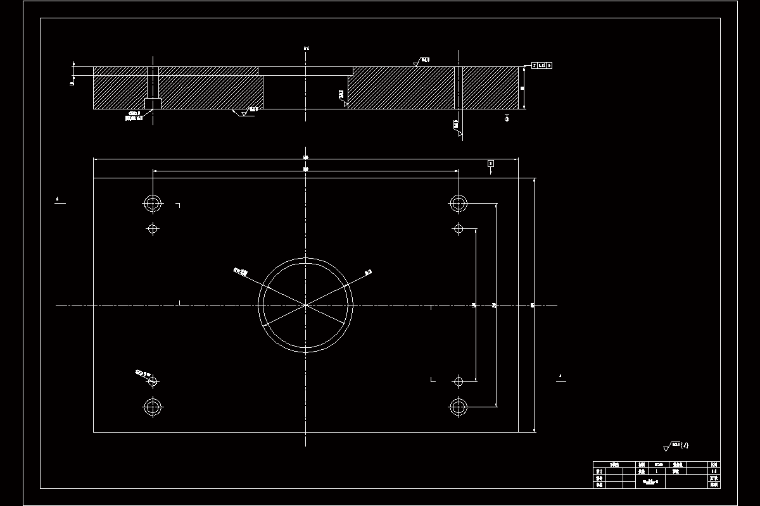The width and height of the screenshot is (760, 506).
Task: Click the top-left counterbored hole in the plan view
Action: click(x=153, y=204)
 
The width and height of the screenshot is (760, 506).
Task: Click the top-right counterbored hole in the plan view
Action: click(x=459, y=204)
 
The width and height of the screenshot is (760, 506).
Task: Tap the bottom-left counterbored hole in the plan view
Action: click(x=153, y=407)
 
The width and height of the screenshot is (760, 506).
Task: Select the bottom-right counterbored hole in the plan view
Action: click(x=459, y=407)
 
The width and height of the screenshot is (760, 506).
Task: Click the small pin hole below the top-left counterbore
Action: click(x=153, y=228)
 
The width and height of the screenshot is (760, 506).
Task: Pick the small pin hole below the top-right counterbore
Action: click(x=459, y=228)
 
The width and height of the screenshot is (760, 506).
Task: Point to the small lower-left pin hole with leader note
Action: click(x=153, y=381)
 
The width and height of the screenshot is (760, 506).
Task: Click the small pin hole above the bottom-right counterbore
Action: click(x=459, y=381)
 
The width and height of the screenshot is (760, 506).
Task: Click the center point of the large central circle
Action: click(x=305, y=305)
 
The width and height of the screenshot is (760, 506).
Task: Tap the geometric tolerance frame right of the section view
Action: click(x=541, y=65)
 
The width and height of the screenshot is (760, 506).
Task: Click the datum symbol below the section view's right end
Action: click(x=507, y=118)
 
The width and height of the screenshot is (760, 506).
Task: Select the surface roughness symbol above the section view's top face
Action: click(x=416, y=63)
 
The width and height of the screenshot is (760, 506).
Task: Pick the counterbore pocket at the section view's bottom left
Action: click(x=153, y=103)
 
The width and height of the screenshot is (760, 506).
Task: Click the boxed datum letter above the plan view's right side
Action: click(x=491, y=163)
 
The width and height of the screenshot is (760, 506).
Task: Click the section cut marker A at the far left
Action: click(x=58, y=201)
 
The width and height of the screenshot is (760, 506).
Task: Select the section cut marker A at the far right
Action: click(x=560, y=378)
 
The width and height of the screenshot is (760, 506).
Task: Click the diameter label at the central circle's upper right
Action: click(x=368, y=273)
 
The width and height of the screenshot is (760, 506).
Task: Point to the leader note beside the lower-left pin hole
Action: click(x=140, y=373)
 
